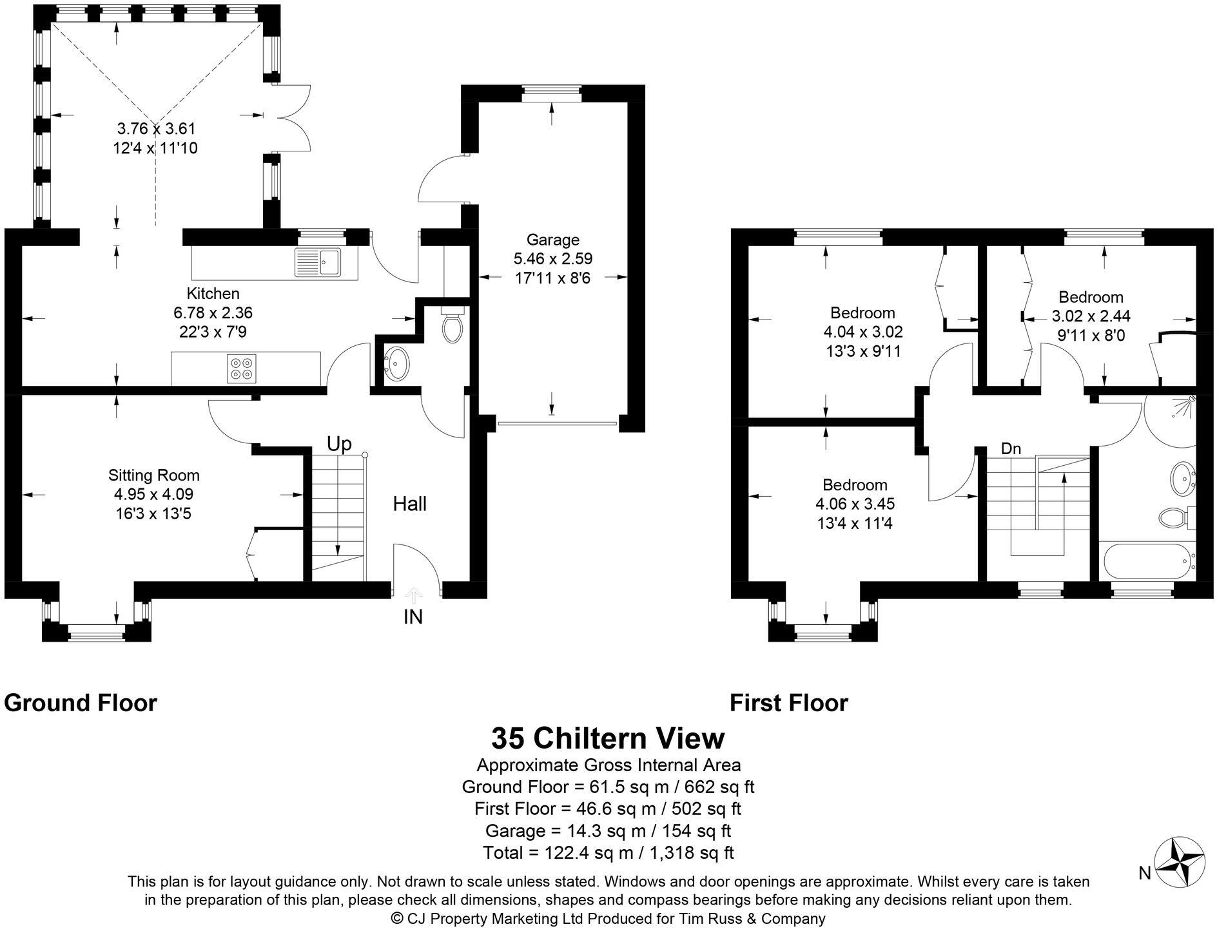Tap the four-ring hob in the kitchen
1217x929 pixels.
241,368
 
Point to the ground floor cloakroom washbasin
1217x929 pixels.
396,364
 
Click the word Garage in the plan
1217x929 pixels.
552,240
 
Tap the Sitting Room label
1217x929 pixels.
153,475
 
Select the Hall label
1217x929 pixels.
410,504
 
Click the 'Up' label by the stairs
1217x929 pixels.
339,445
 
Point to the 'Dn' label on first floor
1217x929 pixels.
1011,449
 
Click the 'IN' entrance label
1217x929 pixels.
413,617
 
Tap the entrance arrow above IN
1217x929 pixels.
413,595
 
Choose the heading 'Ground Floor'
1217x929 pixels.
81,703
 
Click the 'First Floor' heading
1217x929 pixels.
788,703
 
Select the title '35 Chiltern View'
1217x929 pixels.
608,738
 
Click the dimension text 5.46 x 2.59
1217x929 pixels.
552,259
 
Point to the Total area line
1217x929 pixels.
608,853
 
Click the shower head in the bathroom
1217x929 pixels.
1191,400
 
